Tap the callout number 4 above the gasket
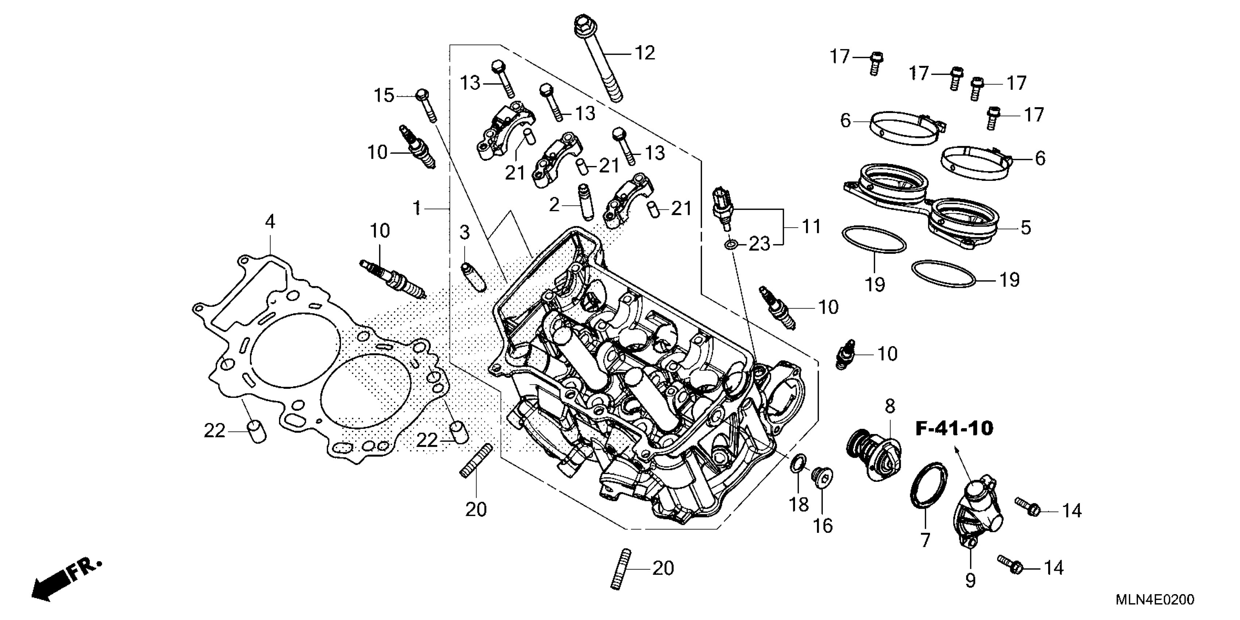270,222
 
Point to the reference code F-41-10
954,429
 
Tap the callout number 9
970,581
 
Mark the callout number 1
417,209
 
